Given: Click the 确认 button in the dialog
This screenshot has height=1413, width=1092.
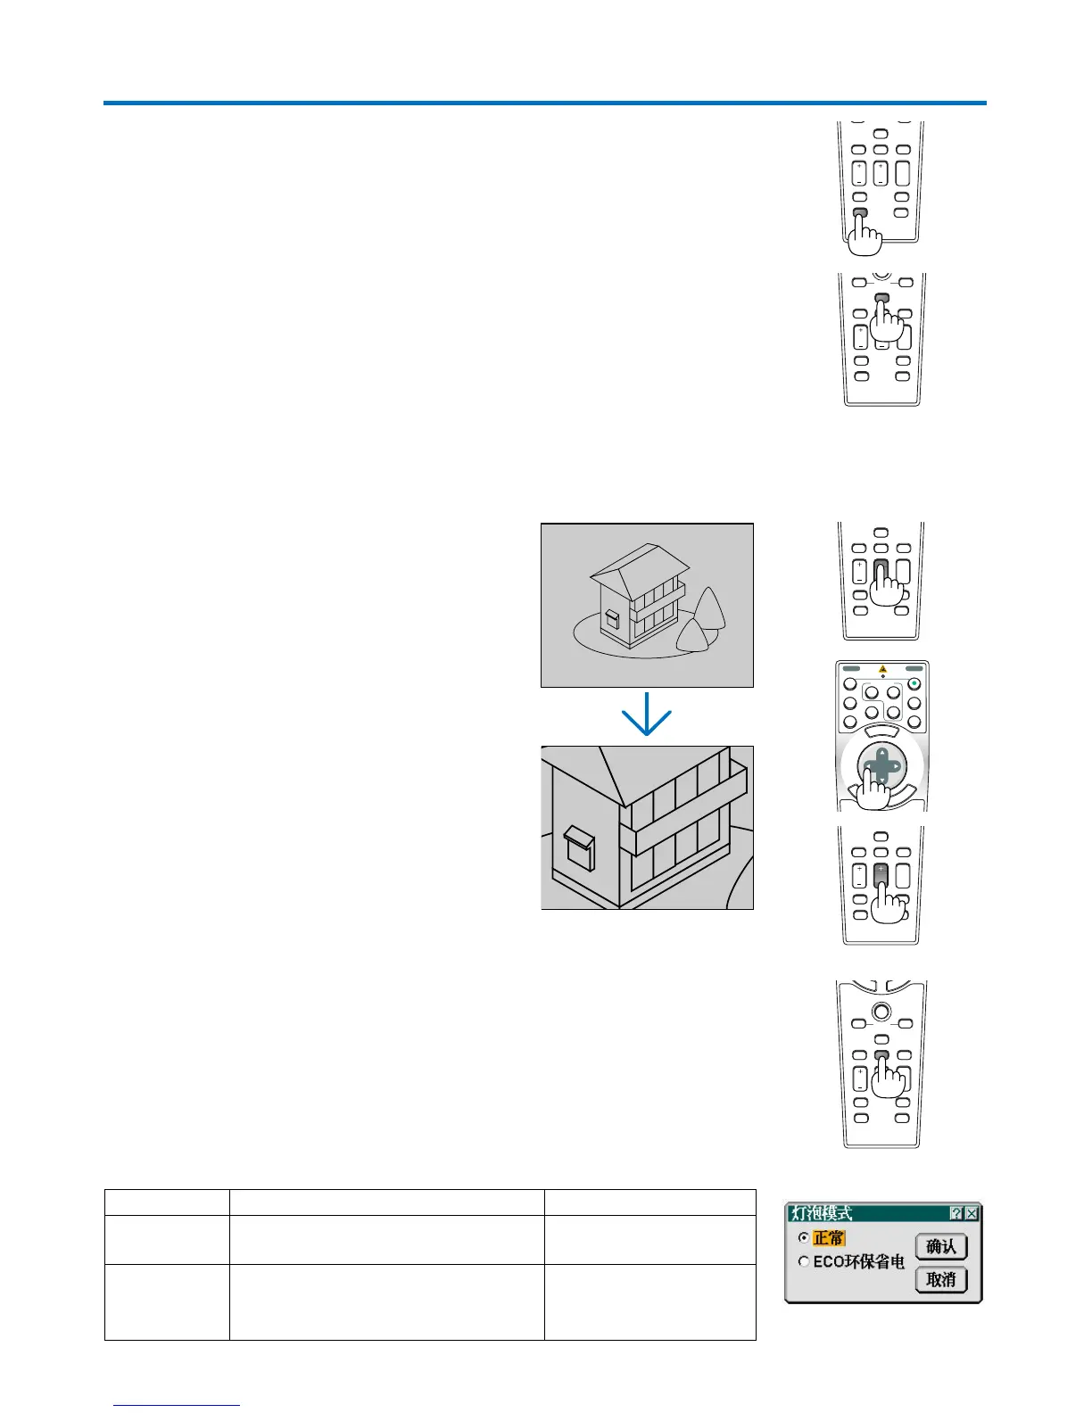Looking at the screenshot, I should click(x=940, y=1246).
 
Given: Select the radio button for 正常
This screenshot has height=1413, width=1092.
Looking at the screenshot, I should click(x=804, y=1238).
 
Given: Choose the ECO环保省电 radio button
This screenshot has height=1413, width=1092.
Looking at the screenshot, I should click(x=804, y=1262).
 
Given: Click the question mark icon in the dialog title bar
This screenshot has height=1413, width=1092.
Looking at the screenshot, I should click(x=956, y=1213).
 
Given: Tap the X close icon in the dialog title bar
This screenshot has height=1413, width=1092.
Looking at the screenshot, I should click(x=972, y=1213).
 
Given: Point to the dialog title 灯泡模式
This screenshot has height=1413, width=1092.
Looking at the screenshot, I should click(x=822, y=1213).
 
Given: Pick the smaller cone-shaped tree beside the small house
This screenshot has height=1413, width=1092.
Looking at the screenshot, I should click(x=692, y=637).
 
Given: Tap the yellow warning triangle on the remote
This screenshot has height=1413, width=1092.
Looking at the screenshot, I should click(x=882, y=669).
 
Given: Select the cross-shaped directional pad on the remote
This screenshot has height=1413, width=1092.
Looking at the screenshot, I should click(x=881, y=766).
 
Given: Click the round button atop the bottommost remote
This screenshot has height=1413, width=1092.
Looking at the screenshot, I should click(x=881, y=1011).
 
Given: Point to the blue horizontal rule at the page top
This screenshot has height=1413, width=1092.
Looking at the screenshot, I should click(x=544, y=103).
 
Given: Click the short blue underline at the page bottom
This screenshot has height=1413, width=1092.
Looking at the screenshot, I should click(x=177, y=1405).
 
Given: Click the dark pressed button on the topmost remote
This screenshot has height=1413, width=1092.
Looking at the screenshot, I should click(x=860, y=212).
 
